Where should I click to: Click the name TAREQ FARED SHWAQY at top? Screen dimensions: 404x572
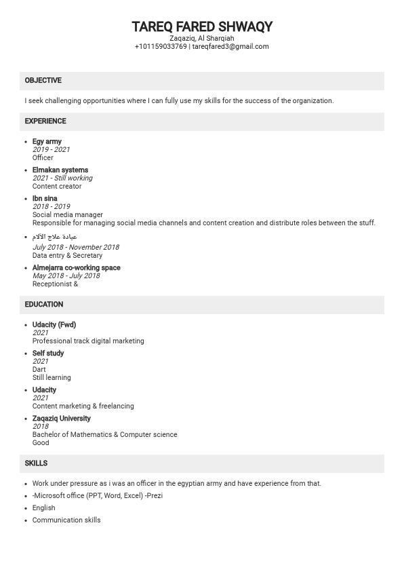(x=202, y=26)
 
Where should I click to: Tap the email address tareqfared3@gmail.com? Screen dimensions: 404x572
(x=230, y=47)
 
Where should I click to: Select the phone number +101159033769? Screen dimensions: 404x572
(x=161, y=47)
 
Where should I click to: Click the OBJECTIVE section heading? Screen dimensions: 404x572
(x=43, y=81)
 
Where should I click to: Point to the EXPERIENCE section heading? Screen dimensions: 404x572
(x=45, y=121)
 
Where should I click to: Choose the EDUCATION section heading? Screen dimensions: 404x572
(x=44, y=305)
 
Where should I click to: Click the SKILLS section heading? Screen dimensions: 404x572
(x=36, y=463)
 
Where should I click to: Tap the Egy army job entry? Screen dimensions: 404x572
(x=47, y=142)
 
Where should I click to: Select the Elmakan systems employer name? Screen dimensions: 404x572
(x=60, y=170)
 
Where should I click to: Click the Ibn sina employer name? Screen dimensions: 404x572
(x=45, y=199)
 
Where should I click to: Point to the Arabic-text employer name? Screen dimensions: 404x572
(x=55, y=237)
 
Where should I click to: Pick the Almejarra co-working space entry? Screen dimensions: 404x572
(x=76, y=268)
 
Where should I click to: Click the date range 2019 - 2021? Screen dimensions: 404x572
(x=51, y=150)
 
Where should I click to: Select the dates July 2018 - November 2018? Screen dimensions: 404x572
(x=75, y=248)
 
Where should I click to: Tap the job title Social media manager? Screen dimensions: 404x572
(x=68, y=215)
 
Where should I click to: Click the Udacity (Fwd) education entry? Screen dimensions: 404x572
(x=54, y=325)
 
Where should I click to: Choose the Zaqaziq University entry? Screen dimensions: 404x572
(x=61, y=419)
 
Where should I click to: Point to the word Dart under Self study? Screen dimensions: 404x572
(x=39, y=370)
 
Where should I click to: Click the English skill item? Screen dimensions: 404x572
(x=44, y=508)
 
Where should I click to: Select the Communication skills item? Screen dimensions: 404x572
(x=66, y=520)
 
